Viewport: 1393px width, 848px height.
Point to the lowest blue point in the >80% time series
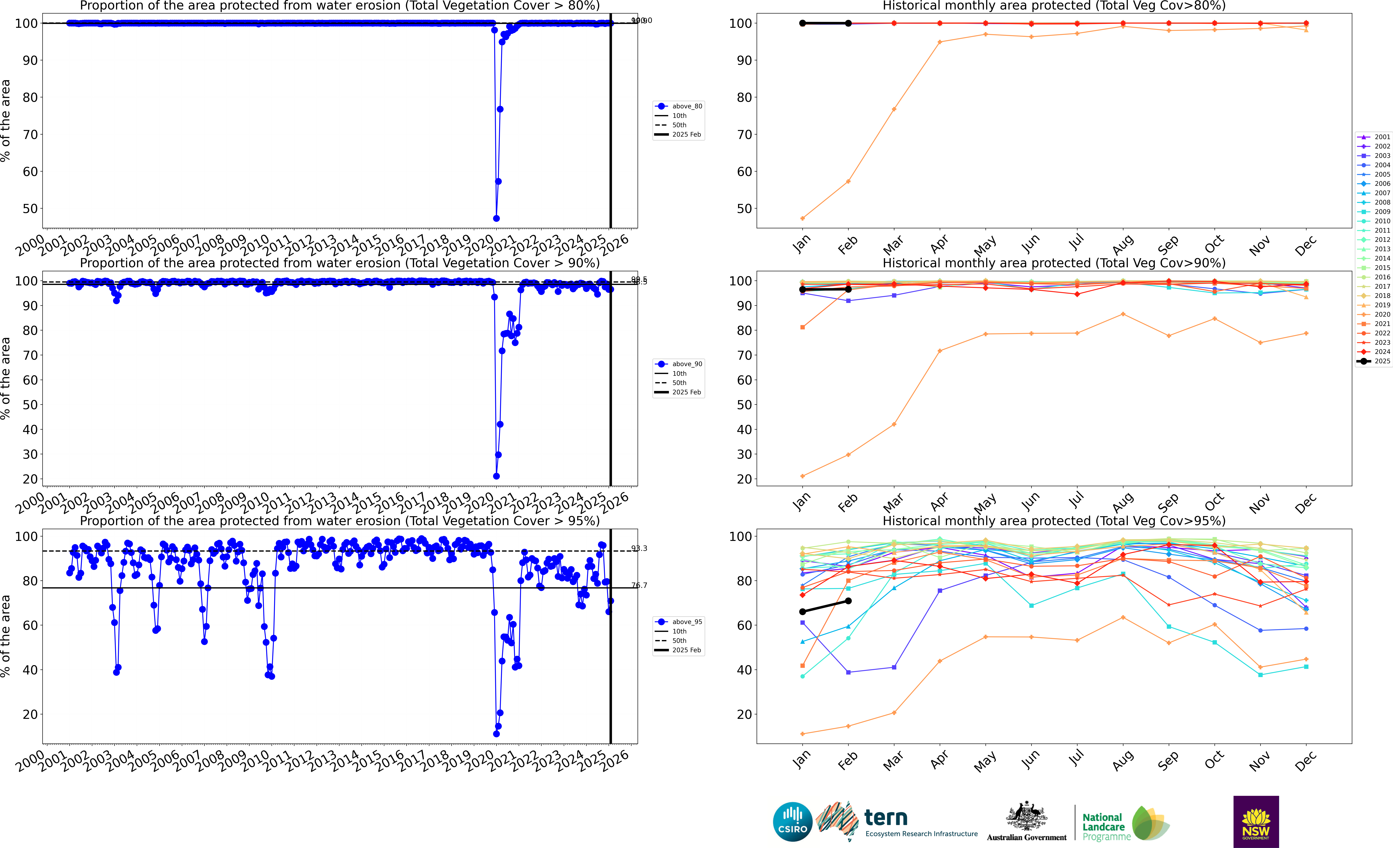[x=496, y=218]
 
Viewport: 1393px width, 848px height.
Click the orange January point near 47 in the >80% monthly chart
[x=802, y=218]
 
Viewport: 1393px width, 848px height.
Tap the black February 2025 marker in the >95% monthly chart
[x=848, y=601]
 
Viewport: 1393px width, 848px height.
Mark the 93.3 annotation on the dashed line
[x=639, y=548]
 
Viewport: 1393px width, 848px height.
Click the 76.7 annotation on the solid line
[x=639, y=585]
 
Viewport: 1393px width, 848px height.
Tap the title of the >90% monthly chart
[x=1054, y=263]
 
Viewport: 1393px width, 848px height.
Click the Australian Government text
[x=1026, y=837]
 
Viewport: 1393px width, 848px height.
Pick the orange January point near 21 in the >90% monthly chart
[x=802, y=476]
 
